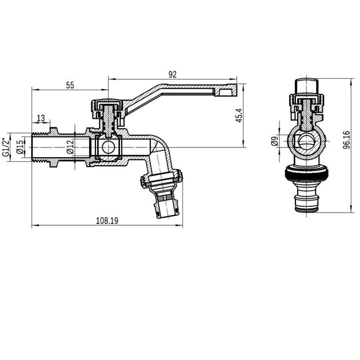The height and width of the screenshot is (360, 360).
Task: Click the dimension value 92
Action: (x=172, y=74)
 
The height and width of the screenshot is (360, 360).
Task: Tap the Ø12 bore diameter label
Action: (x=69, y=147)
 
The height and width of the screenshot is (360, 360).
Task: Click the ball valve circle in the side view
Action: (x=107, y=148)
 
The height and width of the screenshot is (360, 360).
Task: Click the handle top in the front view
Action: (x=309, y=86)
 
